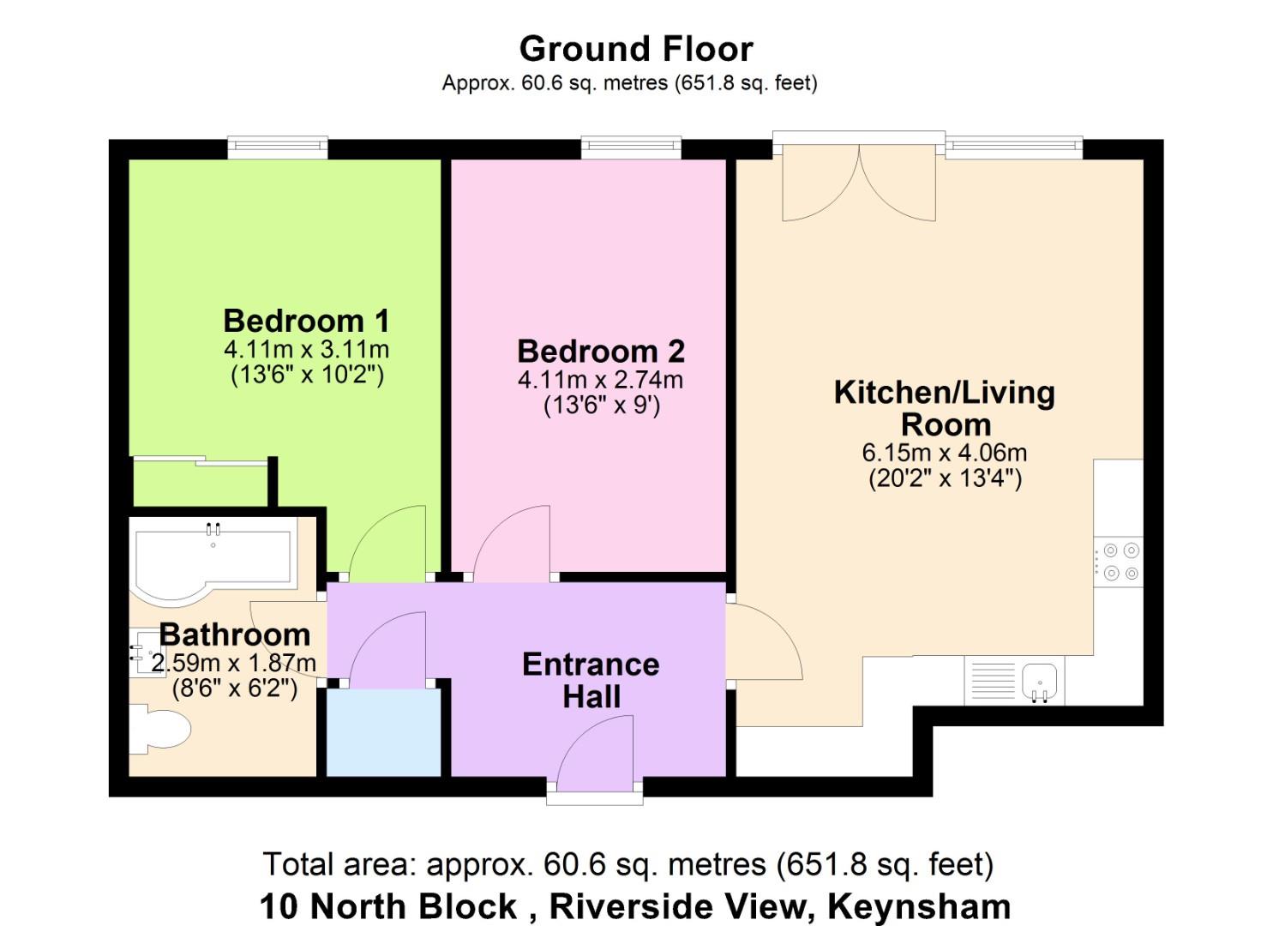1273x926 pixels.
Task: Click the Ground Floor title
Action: point(636,50)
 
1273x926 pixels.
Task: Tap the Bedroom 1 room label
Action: point(307,321)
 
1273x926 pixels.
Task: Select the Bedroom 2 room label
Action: point(601,352)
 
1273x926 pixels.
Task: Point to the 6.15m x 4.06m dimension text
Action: point(945,453)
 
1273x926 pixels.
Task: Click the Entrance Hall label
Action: point(591,681)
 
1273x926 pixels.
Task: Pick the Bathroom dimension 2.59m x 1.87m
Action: point(233,663)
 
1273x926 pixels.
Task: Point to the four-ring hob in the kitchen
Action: point(1119,562)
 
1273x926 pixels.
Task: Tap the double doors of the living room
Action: point(859,182)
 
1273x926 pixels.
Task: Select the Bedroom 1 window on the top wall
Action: point(278,147)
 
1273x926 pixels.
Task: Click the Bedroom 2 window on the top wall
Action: point(632,147)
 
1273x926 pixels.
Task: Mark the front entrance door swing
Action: point(595,753)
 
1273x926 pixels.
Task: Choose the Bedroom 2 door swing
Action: point(512,544)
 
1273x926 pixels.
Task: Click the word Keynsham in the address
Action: point(919,906)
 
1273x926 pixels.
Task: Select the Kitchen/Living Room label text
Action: point(945,408)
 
